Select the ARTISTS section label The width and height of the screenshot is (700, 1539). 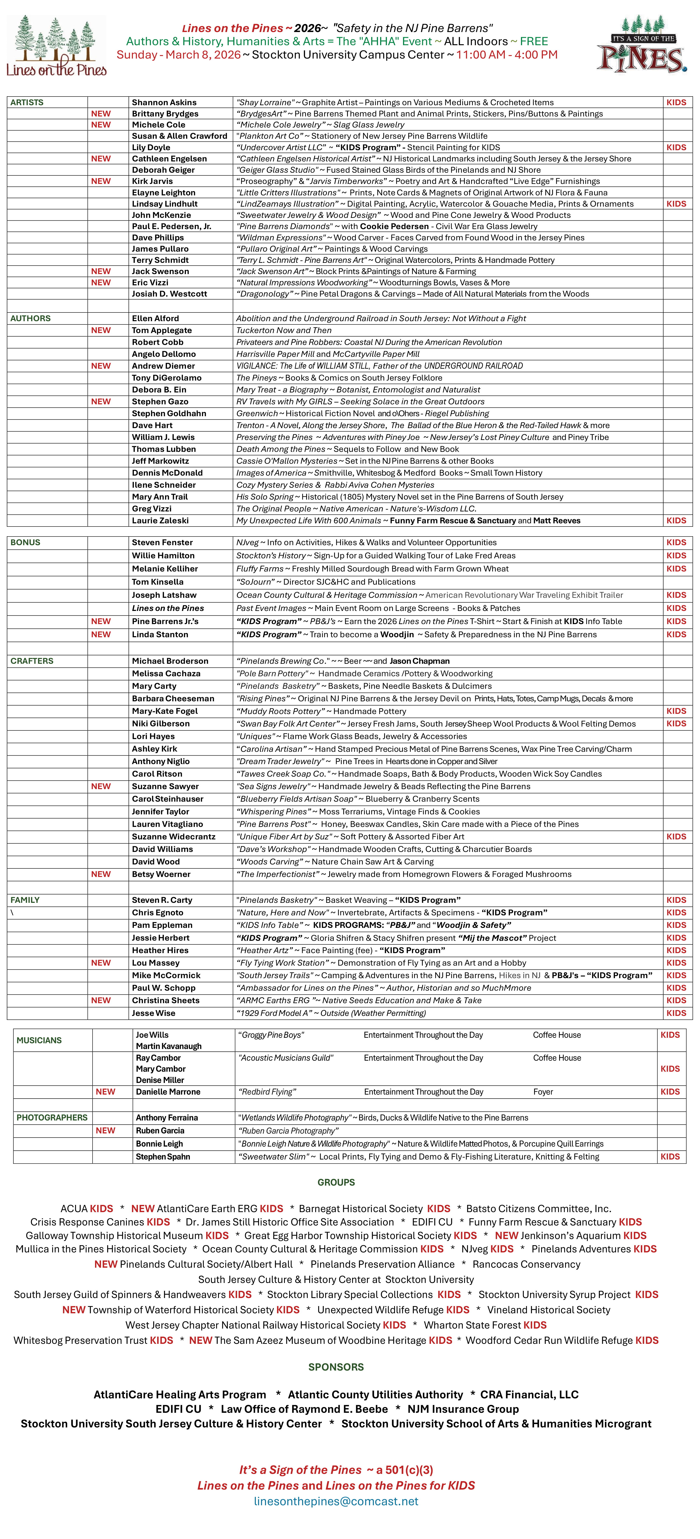click(27, 102)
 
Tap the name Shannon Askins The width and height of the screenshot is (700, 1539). click(164, 102)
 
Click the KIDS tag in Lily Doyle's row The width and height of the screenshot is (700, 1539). click(676, 147)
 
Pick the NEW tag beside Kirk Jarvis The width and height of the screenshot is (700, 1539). click(101, 181)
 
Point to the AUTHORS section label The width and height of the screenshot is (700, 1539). click(31, 318)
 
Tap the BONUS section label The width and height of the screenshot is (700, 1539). click(25, 542)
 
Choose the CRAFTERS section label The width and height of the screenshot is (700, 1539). click(32, 661)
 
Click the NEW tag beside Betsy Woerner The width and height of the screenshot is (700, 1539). click(101, 874)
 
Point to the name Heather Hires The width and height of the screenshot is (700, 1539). click(160, 950)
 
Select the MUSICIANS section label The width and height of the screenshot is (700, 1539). click(39, 1040)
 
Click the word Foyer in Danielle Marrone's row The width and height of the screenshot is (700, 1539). click(543, 1092)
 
